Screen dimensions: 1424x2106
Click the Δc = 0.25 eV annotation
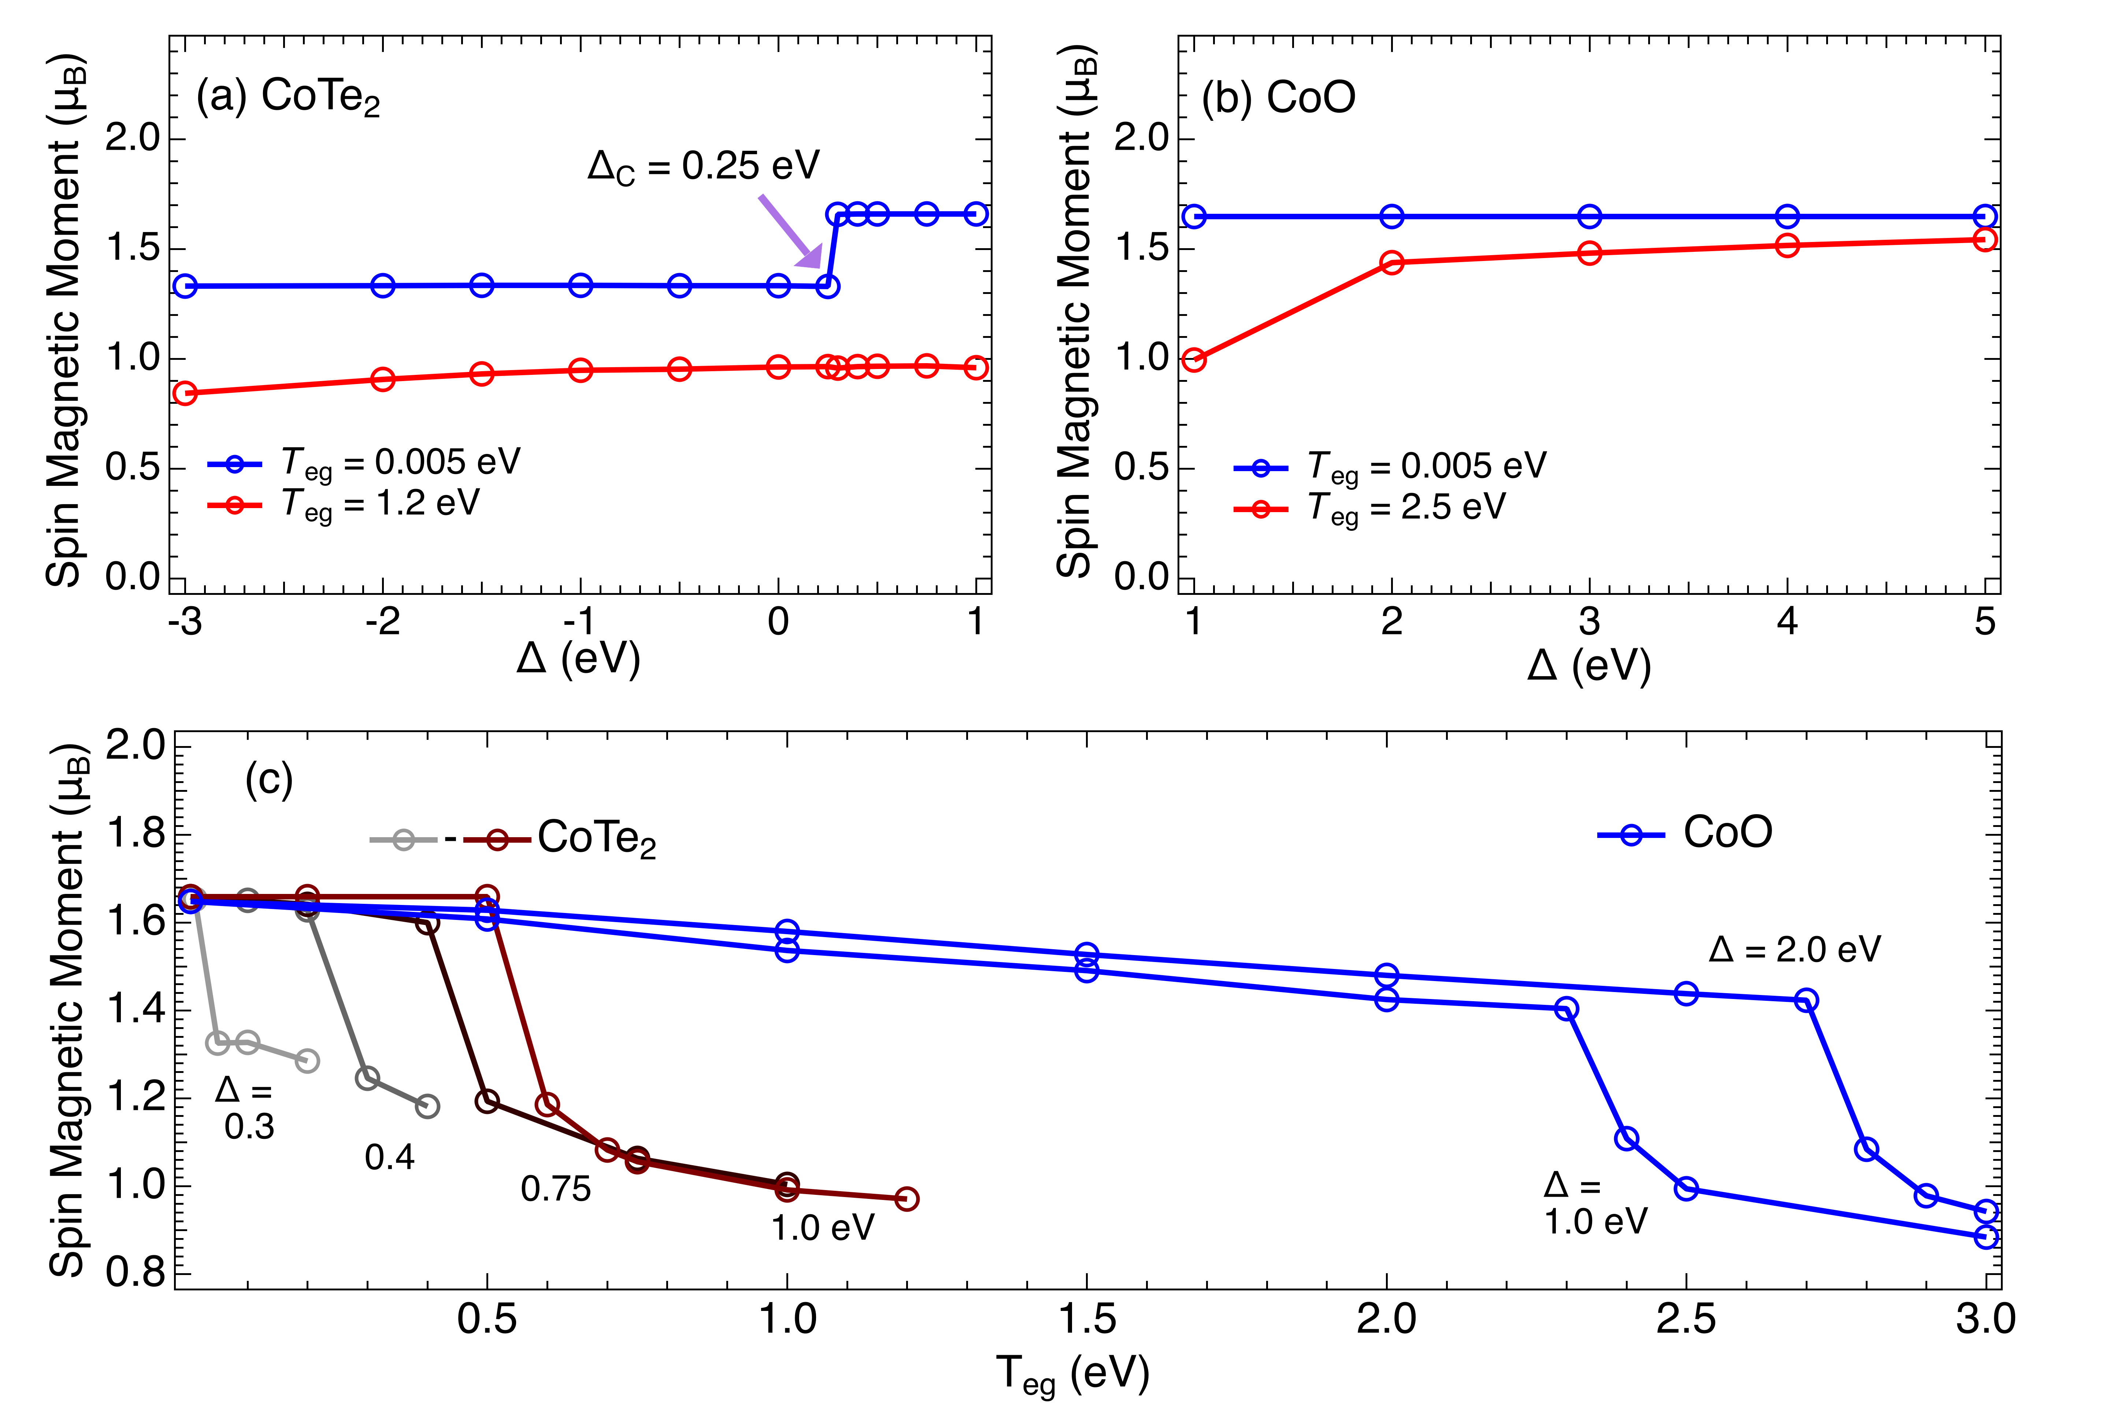point(703,167)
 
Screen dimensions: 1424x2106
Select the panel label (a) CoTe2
point(288,98)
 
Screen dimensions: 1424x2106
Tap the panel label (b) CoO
point(1278,98)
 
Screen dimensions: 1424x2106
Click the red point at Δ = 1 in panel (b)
point(1194,359)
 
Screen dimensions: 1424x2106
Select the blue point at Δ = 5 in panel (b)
point(1984,216)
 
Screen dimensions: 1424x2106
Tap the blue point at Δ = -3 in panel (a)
point(185,286)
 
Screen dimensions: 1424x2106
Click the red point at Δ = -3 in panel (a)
point(185,393)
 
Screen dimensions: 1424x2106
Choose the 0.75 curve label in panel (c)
point(556,1189)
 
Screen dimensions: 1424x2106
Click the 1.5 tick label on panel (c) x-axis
point(1087,1319)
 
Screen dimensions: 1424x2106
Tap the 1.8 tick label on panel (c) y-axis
point(136,834)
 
